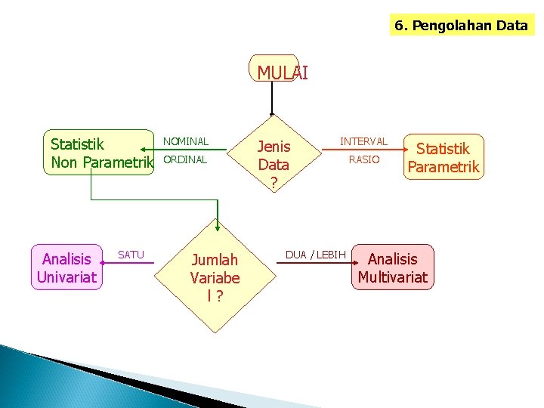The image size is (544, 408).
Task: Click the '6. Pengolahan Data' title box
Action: [460, 25]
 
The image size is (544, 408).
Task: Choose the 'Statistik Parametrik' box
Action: [444, 157]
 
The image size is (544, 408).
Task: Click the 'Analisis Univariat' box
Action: [66, 267]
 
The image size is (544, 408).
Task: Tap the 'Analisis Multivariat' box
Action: [393, 267]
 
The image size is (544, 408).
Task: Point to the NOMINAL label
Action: [186, 141]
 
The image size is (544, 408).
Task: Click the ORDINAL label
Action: [185, 159]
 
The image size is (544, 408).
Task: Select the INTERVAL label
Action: [363, 141]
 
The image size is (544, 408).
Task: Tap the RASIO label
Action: [363, 159]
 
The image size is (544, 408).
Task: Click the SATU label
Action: [131, 255]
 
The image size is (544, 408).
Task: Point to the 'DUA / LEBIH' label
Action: [316, 255]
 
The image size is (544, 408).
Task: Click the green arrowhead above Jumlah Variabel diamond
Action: [218, 225]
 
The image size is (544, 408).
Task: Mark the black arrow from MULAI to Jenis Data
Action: [274, 98]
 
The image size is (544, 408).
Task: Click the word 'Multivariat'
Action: [393, 277]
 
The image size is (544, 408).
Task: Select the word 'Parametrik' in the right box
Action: [444, 167]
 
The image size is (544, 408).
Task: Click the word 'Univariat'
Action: [66, 277]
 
